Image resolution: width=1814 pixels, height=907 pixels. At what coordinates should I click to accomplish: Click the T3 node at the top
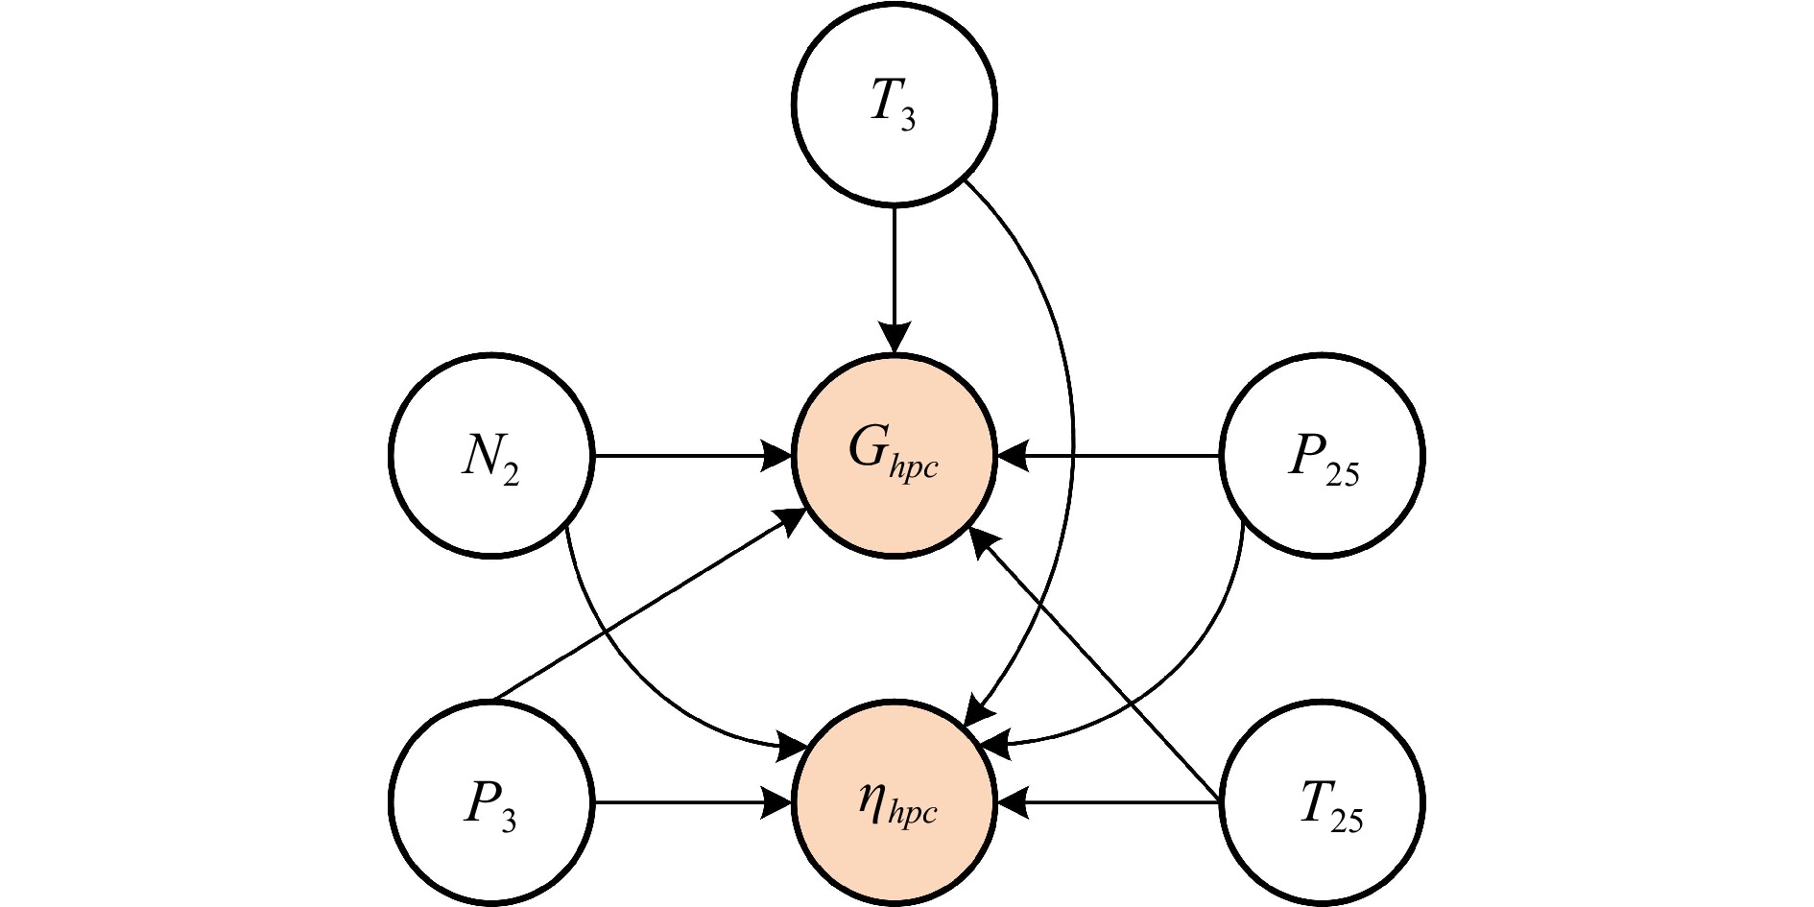pos(895,103)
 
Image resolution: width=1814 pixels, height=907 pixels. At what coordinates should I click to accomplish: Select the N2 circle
pos(491,455)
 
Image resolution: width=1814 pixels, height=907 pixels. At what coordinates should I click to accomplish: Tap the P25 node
pos(1323,455)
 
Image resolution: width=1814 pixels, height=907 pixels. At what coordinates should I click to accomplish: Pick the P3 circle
pos(491,802)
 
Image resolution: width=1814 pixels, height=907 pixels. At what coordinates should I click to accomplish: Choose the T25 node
pos(1323,802)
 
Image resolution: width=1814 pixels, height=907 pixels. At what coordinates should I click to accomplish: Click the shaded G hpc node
pos(895,455)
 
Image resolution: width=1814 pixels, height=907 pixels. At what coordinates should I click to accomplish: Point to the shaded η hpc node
pos(895,802)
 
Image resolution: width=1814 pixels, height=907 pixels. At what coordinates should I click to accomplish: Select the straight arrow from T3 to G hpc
pos(895,279)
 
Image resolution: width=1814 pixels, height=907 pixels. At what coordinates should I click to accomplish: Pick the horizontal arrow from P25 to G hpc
pos(1109,455)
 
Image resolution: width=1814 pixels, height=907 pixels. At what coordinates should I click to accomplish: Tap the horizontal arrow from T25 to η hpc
pos(1109,802)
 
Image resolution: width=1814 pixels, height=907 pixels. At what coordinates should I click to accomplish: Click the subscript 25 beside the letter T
pos(1347,819)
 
